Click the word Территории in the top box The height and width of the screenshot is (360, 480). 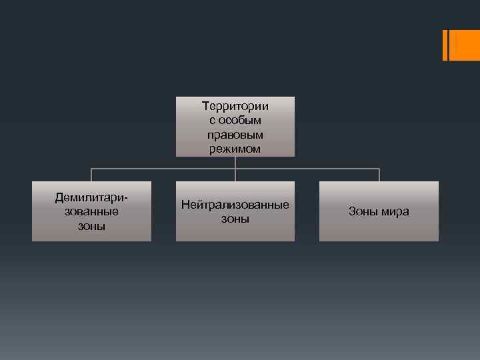[x=235, y=105]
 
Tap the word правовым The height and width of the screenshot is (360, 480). [x=235, y=134]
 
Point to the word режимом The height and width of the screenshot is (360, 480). [x=235, y=149]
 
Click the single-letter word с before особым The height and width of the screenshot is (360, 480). [x=212, y=120]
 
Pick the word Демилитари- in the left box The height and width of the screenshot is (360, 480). [x=91, y=197]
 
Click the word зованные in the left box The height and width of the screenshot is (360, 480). [x=91, y=211]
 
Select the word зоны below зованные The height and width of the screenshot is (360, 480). [x=91, y=226]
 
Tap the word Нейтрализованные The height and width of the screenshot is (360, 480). [x=235, y=204]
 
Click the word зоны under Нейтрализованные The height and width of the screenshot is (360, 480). [x=235, y=219]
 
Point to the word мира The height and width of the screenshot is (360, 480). [x=395, y=212]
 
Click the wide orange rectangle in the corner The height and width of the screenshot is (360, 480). [x=465, y=45]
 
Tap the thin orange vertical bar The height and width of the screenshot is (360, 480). [x=445, y=45]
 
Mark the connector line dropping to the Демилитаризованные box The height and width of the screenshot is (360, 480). [x=91, y=175]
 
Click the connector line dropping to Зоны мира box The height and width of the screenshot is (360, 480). [x=379, y=175]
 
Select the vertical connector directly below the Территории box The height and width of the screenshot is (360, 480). [x=235, y=163]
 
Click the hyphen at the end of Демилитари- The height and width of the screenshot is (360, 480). [x=126, y=198]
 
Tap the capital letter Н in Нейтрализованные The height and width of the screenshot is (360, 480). [x=185, y=204]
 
